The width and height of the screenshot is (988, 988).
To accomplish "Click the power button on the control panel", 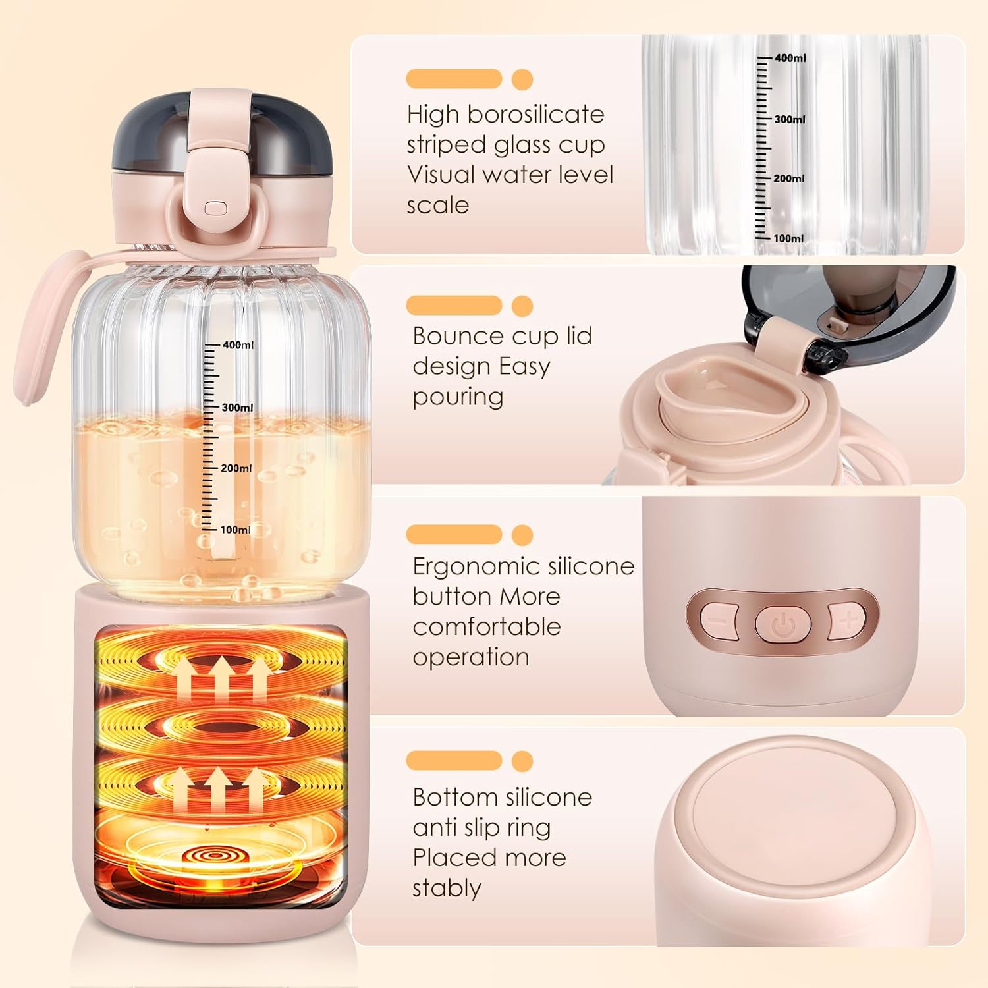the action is pos(783,622).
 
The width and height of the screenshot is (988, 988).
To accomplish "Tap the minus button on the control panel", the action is pos(717,619).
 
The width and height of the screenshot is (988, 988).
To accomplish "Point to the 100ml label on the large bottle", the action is pos(236,530).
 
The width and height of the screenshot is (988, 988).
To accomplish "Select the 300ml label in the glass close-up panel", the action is pos(790,119).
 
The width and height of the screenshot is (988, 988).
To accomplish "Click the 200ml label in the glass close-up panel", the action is pos(789,178).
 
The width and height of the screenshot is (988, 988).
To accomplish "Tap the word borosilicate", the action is pos(535,115).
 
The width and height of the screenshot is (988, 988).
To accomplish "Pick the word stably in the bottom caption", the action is pos(447,889).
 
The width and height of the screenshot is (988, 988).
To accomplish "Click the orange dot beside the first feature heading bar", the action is pos(522,79).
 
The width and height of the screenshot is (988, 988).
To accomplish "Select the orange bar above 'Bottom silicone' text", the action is pos(454,760).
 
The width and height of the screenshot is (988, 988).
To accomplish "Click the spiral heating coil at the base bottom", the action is pos(216,855).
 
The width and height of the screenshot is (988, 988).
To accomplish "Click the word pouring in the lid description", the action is pos(458,398).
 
